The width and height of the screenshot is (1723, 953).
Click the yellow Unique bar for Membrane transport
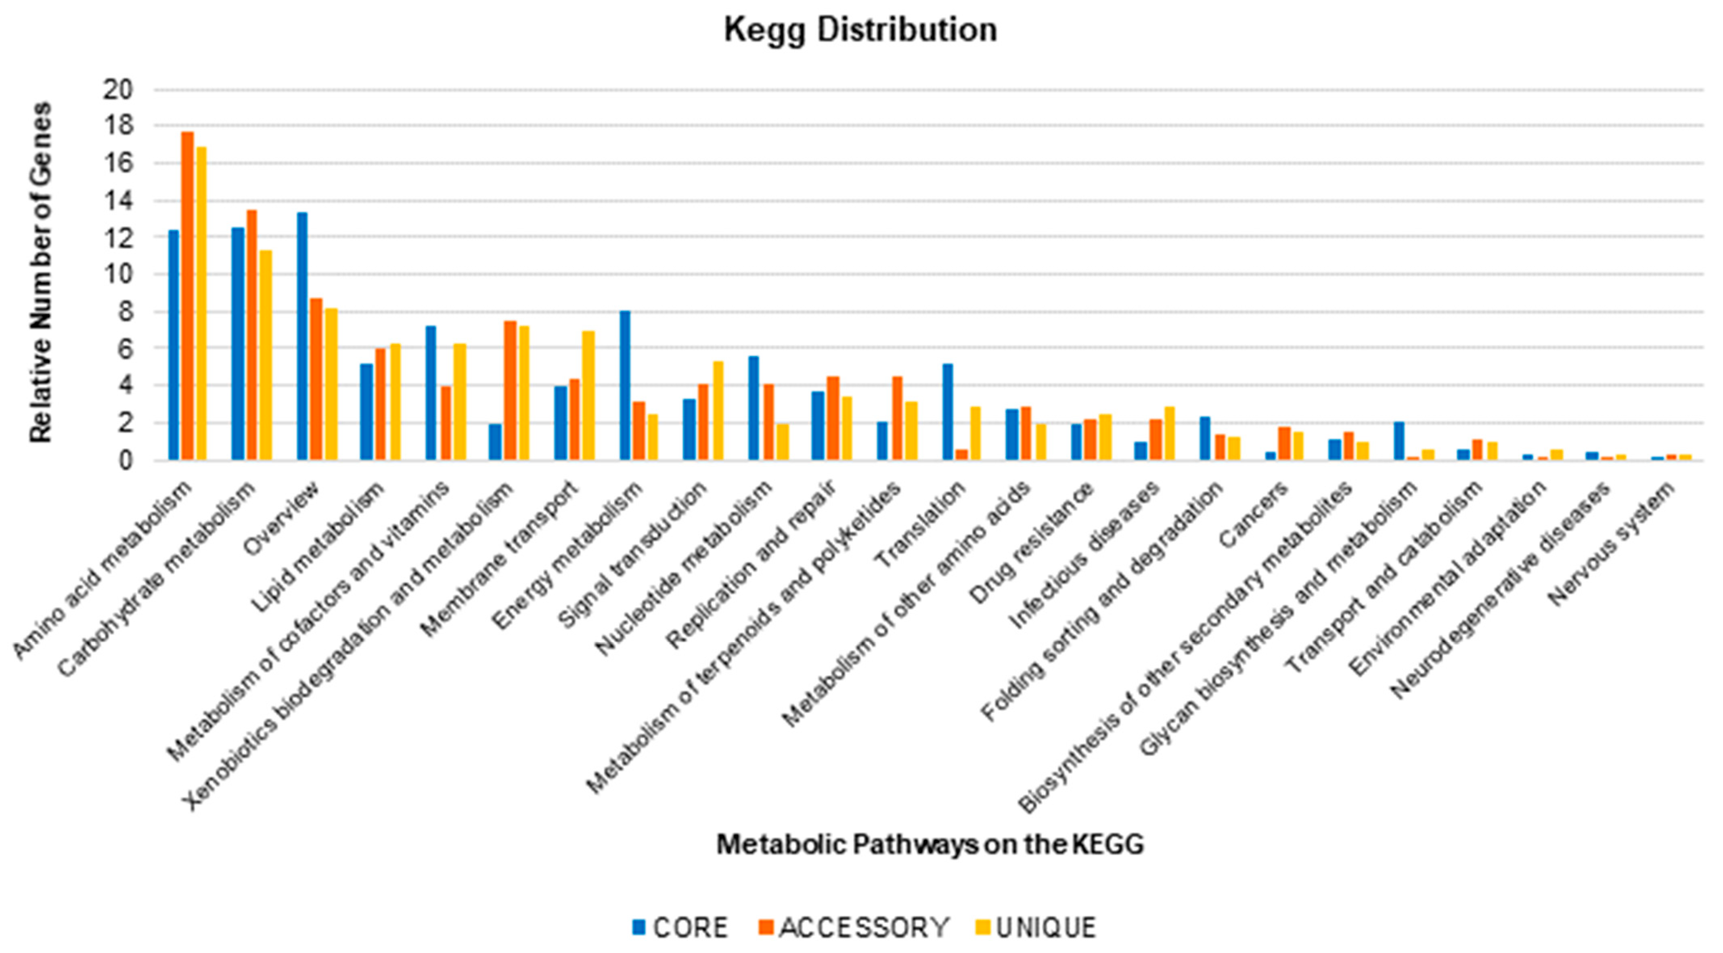click(588, 395)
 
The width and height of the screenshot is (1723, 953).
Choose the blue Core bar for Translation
click(947, 411)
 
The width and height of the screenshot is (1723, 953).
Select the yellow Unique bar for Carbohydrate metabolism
click(266, 355)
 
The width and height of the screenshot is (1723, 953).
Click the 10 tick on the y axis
click(118, 274)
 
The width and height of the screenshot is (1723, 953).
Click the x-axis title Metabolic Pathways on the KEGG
click(930, 845)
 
